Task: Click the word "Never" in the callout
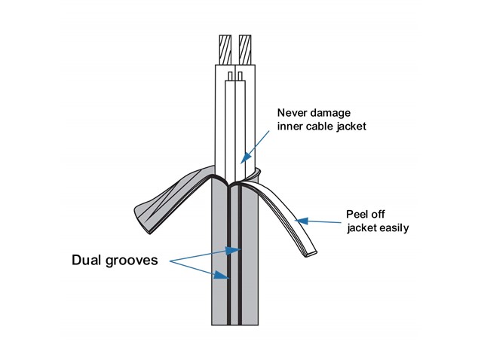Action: point(291,113)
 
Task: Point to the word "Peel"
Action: point(357,214)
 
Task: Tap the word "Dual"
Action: point(87,260)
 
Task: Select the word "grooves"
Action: point(132,261)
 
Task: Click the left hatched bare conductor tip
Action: point(225,50)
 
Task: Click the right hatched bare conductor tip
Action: point(245,50)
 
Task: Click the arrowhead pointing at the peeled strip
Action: point(302,221)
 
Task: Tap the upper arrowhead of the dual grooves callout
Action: point(233,251)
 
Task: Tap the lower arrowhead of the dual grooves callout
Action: point(221,275)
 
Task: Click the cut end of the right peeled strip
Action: point(311,253)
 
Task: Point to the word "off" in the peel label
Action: point(378,214)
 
